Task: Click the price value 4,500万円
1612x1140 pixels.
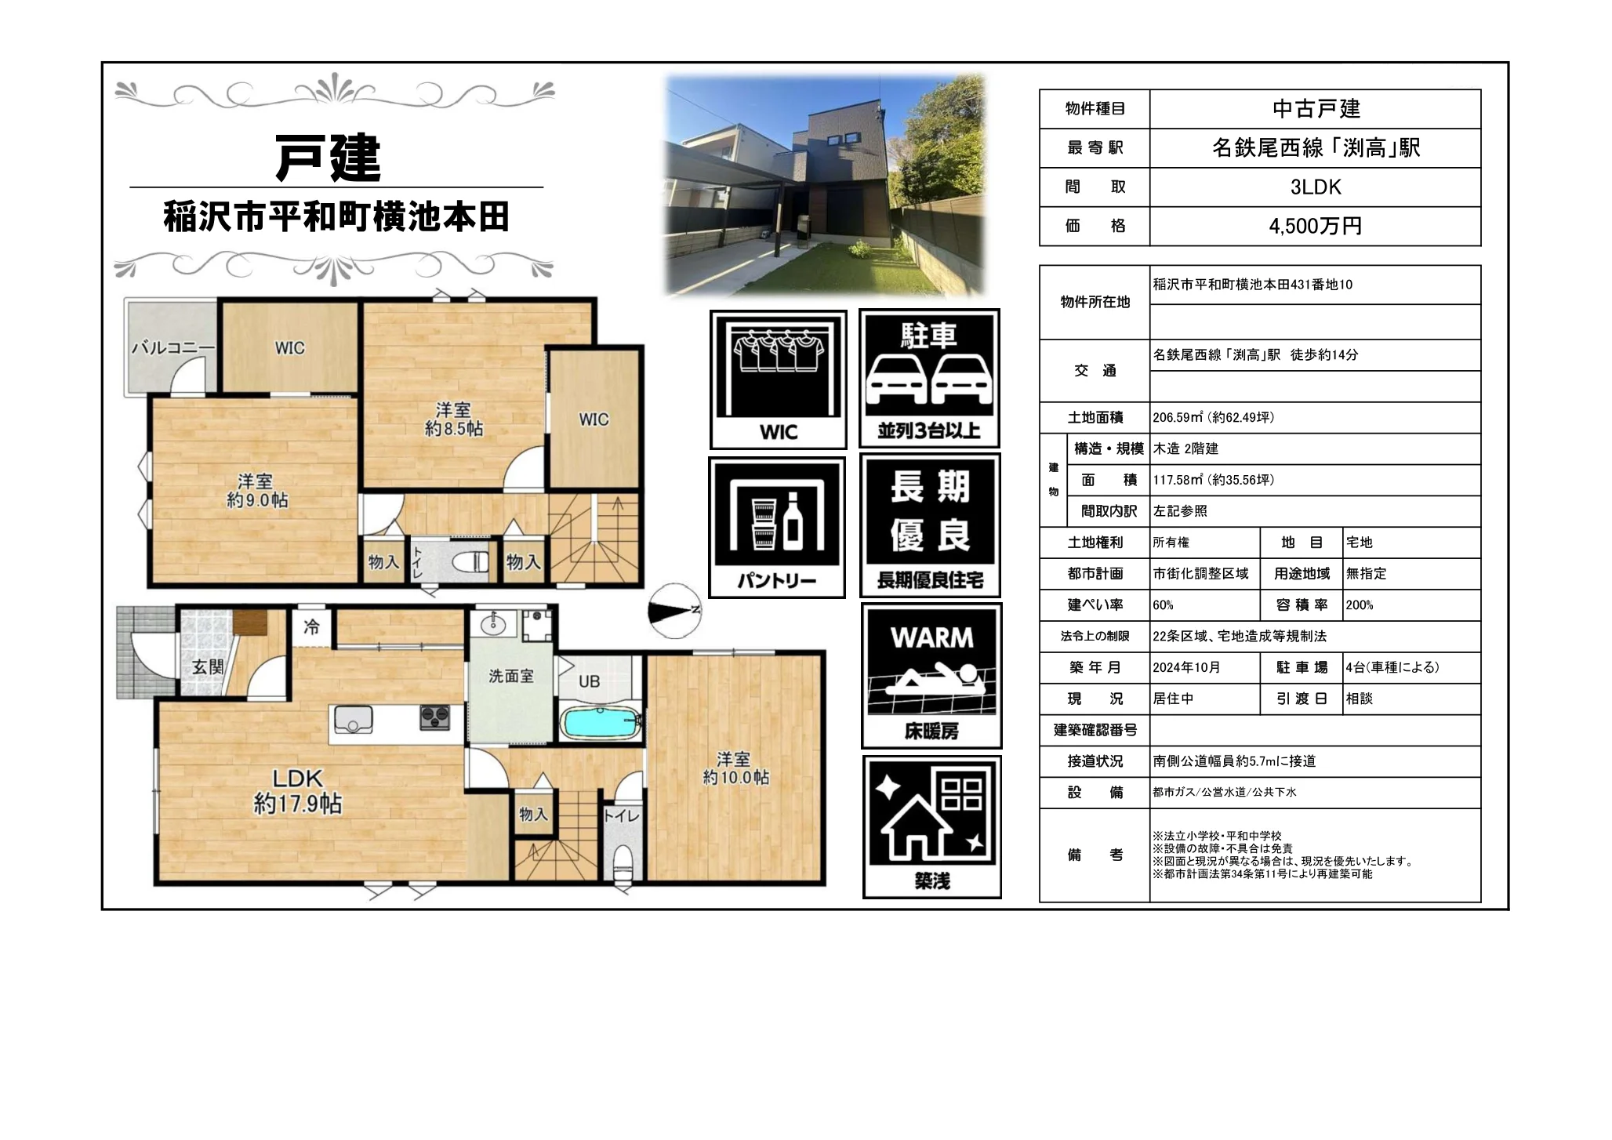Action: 1315,227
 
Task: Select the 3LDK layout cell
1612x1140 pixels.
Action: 1315,187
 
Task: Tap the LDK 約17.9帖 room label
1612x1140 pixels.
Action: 297,791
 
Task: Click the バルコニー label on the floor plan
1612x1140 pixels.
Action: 172,347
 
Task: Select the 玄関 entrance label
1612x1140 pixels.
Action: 209,667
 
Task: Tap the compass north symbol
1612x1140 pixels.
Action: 675,611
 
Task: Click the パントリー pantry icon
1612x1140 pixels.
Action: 777,528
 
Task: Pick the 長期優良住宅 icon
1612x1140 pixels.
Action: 930,526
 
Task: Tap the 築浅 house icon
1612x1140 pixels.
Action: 931,827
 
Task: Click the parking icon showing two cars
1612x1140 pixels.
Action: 929,379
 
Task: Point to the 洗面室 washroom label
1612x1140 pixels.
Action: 511,676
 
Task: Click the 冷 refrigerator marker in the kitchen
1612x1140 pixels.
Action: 312,626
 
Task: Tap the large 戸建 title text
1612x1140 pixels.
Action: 329,158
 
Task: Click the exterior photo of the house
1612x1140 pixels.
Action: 825,185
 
